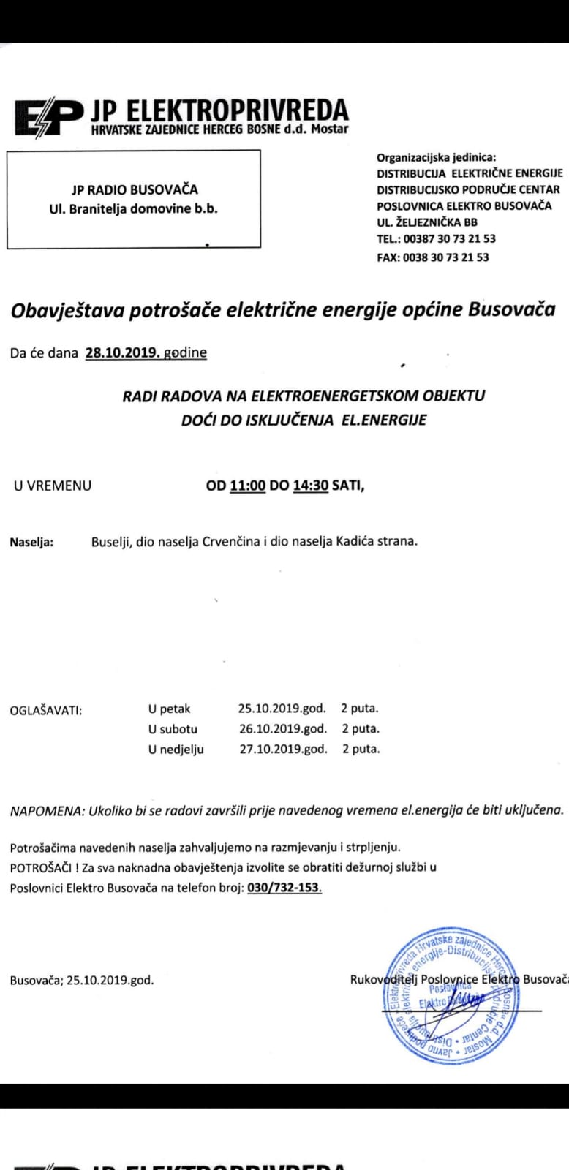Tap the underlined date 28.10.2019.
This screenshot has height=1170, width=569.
pyautogui.click(x=122, y=352)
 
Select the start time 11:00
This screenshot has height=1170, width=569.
pyautogui.click(x=247, y=485)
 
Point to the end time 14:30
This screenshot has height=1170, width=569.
pyautogui.click(x=311, y=485)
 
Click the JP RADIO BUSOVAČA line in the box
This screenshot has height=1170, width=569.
pyautogui.click(x=135, y=189)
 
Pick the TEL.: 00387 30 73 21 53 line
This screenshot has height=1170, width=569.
pyautogui.click(x=436, y=238)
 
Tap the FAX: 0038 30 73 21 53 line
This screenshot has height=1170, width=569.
pyautogui.click(x=432, y=257)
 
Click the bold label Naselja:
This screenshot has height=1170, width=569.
pyautogui.click(x=31, y=542)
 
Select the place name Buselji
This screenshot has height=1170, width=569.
pyautogui.click(x=110, y=542)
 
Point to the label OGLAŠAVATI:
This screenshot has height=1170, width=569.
pyautogui.click(x=45, y=710)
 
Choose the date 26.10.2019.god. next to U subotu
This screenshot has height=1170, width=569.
pyautogui.click(x=283, y=728)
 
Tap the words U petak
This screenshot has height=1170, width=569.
pyautogui.click(x=169, y=709)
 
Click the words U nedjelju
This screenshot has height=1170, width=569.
pyautogui.click(x=176, y=749)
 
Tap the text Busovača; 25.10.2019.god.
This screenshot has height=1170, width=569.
pyautogui.click(x=82, y=980)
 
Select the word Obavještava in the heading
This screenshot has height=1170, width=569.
pyautogui.click(x=67, y=311)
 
